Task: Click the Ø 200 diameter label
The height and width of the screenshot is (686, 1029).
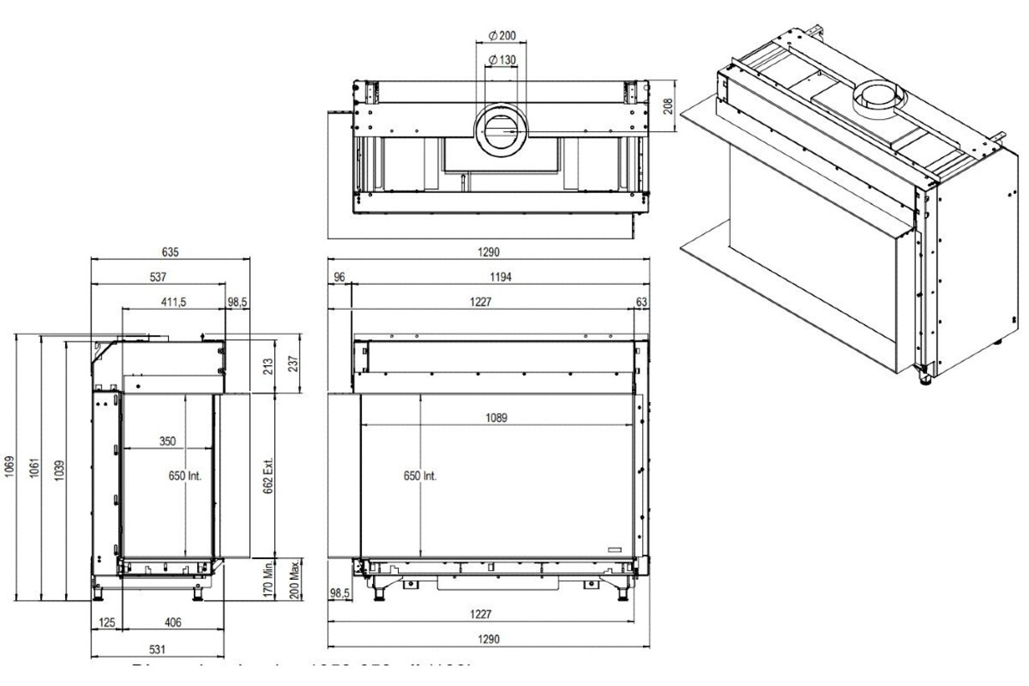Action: click(x=502, y=37)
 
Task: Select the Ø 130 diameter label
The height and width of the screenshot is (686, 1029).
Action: click(x=502, y=61)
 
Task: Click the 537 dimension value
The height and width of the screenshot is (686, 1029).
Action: click(x=158, y=277)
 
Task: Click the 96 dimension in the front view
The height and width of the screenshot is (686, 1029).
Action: click(x=338, y=277)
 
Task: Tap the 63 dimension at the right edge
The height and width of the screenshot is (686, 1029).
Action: click(x=641, y=302)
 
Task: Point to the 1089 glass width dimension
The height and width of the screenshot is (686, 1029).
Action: click(x=496, y=418)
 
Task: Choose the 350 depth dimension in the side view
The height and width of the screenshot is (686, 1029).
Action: click(x=166, y=442)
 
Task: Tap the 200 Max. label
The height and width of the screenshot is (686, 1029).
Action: click(x=295, y=578)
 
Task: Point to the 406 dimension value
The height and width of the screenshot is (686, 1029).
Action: click(x=172, y=622)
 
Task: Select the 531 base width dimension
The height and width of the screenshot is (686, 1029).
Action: click(x=158, y=648)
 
